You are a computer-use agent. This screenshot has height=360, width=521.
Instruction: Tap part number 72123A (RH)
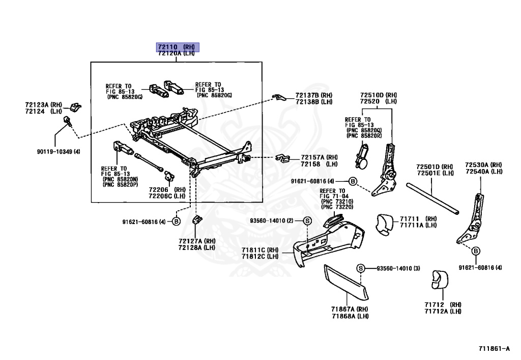43,105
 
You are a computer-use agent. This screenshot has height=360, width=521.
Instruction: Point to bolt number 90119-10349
57,152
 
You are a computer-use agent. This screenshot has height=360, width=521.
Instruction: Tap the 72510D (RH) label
379,95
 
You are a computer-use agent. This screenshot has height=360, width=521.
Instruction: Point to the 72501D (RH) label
435,167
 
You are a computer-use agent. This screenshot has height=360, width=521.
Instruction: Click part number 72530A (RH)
483,165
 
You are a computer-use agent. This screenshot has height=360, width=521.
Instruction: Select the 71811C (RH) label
259,250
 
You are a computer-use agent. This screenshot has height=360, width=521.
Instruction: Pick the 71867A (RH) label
350,310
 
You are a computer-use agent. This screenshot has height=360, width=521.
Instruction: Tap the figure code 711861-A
494,349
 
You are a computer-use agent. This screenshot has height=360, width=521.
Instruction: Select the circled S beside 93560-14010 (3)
360,268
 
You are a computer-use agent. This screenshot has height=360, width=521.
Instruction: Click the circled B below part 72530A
476,251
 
